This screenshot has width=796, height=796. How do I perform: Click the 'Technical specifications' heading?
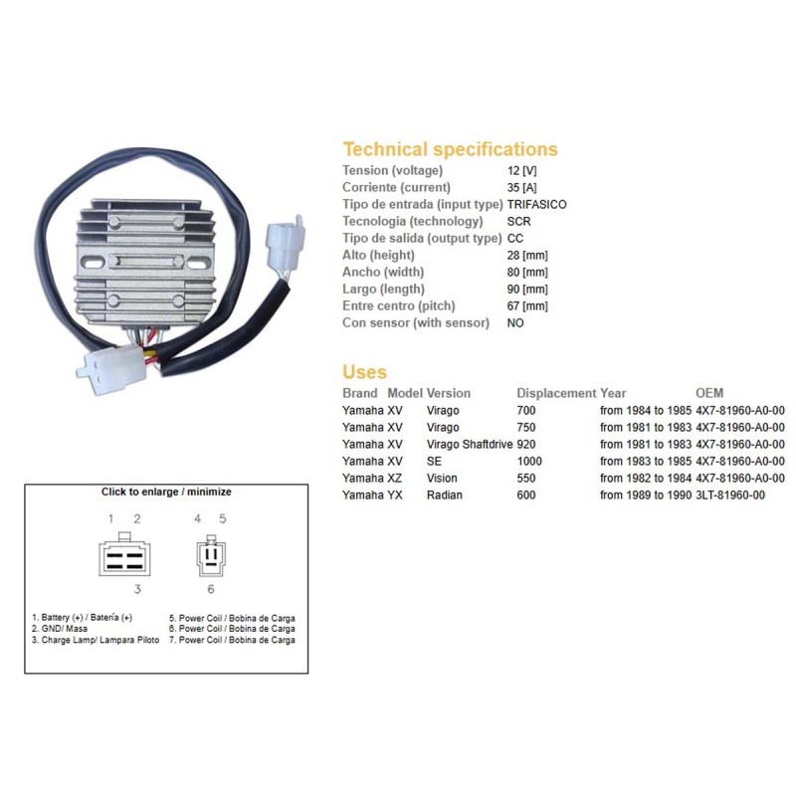(x=451, y=149)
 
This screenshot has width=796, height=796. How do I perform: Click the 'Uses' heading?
(x=364, y=371)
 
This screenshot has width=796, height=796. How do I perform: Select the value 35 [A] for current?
(x=521, y=187)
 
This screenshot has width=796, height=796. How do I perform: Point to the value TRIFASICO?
(x=536, y=205)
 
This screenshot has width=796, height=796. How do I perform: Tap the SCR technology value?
(x=518, y=221)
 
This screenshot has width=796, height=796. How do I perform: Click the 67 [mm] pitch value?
(x=527, y=306)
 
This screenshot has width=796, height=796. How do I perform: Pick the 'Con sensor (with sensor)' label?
(x=416, y=322)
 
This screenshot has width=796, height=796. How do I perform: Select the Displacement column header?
(x=556, y=393)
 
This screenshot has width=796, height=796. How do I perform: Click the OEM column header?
(x=709, y=393)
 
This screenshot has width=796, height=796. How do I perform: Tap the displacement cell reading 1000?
(x=529, y=461)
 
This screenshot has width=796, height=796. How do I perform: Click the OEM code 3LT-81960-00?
(x=730, y=495)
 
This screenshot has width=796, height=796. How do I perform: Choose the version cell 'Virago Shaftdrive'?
(x=470, y=444)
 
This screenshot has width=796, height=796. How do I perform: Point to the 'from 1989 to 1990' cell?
(x=646, y=495)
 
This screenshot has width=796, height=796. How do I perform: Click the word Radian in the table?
(x=445, y=495)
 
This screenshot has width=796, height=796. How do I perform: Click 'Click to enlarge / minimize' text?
(x=166, y=492)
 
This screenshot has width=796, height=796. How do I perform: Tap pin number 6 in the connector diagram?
(x=211, y=589)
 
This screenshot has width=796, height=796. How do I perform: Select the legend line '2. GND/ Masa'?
(x=60, y=629)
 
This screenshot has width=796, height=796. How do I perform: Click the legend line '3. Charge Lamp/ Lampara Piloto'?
(x=96, y=640)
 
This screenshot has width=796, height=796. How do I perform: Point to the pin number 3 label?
(x=137, y=589)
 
